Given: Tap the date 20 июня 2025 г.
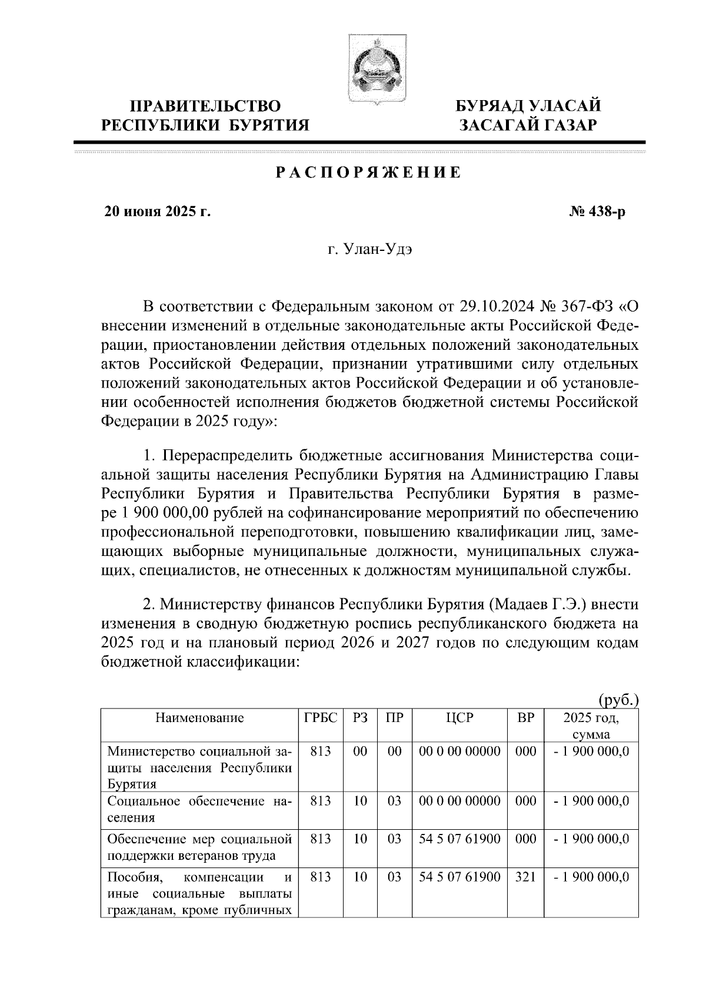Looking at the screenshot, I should coord(157,211).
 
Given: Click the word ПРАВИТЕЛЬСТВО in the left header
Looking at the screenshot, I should coord(205,106).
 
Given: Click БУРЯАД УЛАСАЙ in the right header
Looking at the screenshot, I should coord(529,106).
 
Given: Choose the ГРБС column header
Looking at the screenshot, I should coord(320,718).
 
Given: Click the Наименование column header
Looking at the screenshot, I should coord(199,718).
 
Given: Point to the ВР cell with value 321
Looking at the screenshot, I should coord(525,877).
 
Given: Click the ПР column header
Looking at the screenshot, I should coord(394,718).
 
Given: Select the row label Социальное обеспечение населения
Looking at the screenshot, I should coord(199,809).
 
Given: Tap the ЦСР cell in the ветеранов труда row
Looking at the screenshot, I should coord(459,839).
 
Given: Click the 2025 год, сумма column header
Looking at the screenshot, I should coord(591,726).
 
